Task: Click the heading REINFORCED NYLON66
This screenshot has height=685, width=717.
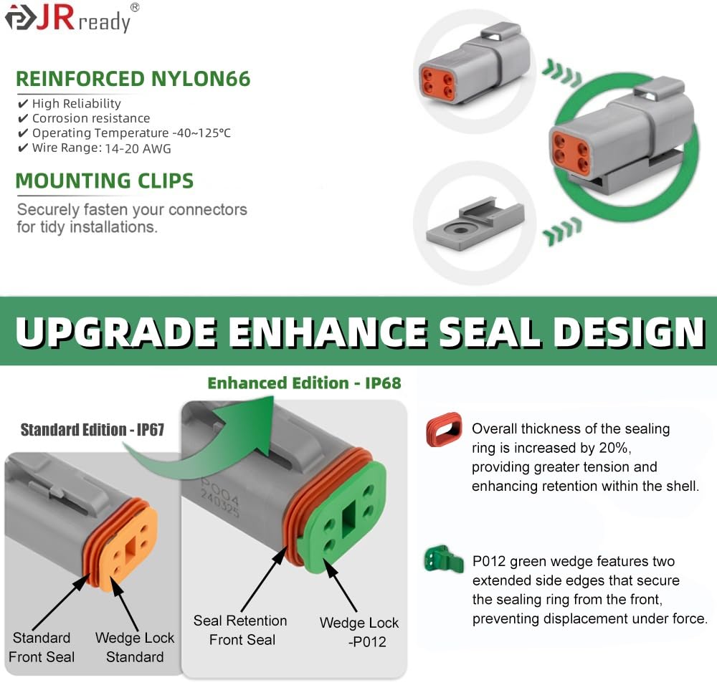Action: pos(133,79)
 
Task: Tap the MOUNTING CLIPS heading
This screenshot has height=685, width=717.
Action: pos(105,181)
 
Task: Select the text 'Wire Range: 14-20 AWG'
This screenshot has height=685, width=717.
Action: pos(102,148)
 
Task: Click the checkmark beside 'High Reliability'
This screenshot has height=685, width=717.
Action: pos(23,103)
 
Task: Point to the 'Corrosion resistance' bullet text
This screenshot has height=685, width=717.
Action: pos(91,118)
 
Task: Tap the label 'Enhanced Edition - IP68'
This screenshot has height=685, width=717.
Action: pos(304,383)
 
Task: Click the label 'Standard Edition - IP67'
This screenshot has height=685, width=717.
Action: pos(92,429)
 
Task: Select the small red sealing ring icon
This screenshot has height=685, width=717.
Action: pos(444,429)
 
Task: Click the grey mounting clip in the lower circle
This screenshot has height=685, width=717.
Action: pos(475,224)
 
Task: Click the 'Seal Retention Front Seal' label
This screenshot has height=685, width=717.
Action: pos(240,630)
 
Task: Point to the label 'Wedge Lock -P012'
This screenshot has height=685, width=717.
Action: pos(359,632)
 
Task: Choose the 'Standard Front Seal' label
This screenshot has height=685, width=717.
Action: pos(42,647)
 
